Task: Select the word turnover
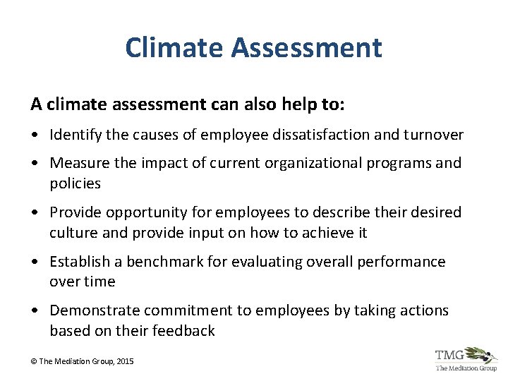(x=433, y=135)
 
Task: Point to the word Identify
(x=76, y=135)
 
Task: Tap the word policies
(x=75, y=183)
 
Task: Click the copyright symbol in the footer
(x=34, y=361)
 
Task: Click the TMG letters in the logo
(x=450, y=355)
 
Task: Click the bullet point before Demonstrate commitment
(x=35, y=311)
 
